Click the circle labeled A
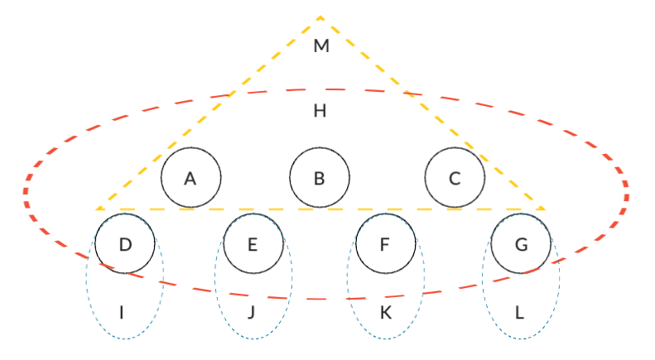[x=190, y=177]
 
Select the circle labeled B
[x=320, y=177]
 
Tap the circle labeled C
[x=455, y=177]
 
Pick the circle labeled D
[x=125, y=243]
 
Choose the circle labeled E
[x=253, y=243]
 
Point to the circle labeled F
[x=385, y=243]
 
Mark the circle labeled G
[x=521, y=243]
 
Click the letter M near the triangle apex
[x=321, y=46]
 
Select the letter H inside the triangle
[x=320, y=110]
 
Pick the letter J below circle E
[x=253, y=313]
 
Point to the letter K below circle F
[x=385, y=313]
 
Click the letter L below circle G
[x=520, y=313]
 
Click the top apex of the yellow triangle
[x=320, y=16]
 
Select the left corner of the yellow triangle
[x=97, y=209]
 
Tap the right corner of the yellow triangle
[x=545, y=209]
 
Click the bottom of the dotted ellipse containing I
[x=125, y=338]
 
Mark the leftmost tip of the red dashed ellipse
[x=26, y=192]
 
